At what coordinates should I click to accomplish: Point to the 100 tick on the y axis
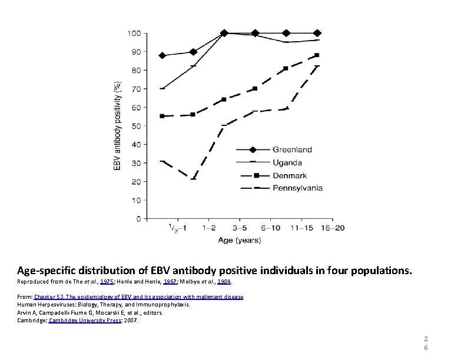[x=134, y=33]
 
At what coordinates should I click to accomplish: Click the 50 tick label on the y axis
[x=136, y=126]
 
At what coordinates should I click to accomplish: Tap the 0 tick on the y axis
[x=138, y=219]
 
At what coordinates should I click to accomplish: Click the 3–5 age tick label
[x=239, y=227]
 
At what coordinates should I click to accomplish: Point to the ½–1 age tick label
[x=177, y=228]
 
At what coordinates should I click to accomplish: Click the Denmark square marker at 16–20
[x=317, y=55]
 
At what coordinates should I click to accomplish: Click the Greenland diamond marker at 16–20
[x=317, y=33]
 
